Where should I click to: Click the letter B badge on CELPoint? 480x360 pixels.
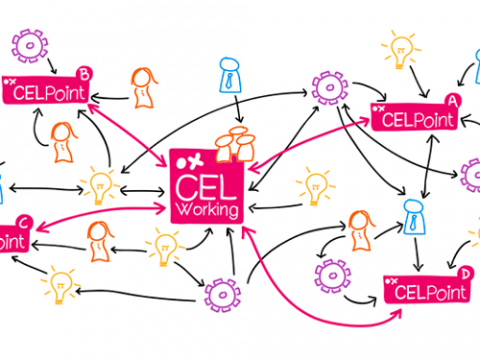point(84,73)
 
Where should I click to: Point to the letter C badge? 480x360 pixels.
point(23,221)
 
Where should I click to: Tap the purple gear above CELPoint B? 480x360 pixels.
point(29,46)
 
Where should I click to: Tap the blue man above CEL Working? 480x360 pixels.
point(228,77)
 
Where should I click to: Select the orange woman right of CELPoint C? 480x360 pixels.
point(97,241)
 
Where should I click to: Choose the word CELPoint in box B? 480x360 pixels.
point(46,93)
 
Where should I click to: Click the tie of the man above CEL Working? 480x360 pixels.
point(228,81)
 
